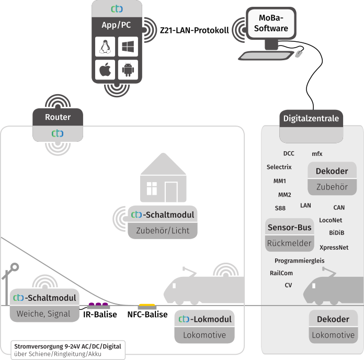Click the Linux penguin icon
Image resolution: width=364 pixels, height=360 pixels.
105,47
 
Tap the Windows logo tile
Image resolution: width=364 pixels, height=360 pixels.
128,47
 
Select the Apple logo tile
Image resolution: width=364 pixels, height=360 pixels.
105,70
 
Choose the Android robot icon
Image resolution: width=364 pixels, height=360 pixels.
128,70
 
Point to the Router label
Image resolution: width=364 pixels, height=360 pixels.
58,117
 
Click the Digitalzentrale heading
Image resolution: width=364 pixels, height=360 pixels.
311,118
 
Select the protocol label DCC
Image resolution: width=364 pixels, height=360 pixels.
289,153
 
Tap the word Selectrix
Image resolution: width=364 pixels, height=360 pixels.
279,167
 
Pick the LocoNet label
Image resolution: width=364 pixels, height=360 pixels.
331,220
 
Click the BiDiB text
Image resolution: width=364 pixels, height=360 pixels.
336,232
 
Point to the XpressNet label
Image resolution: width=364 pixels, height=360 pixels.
334,248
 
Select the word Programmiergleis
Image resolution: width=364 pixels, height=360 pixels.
299,261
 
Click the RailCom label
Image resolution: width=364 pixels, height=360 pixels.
281,273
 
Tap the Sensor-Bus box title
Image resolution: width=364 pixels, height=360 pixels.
289,227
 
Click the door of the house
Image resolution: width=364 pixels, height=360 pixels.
172,192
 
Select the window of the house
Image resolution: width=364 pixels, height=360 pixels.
152,188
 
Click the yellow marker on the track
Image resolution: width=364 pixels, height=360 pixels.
147,305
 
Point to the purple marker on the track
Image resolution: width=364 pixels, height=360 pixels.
98,304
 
